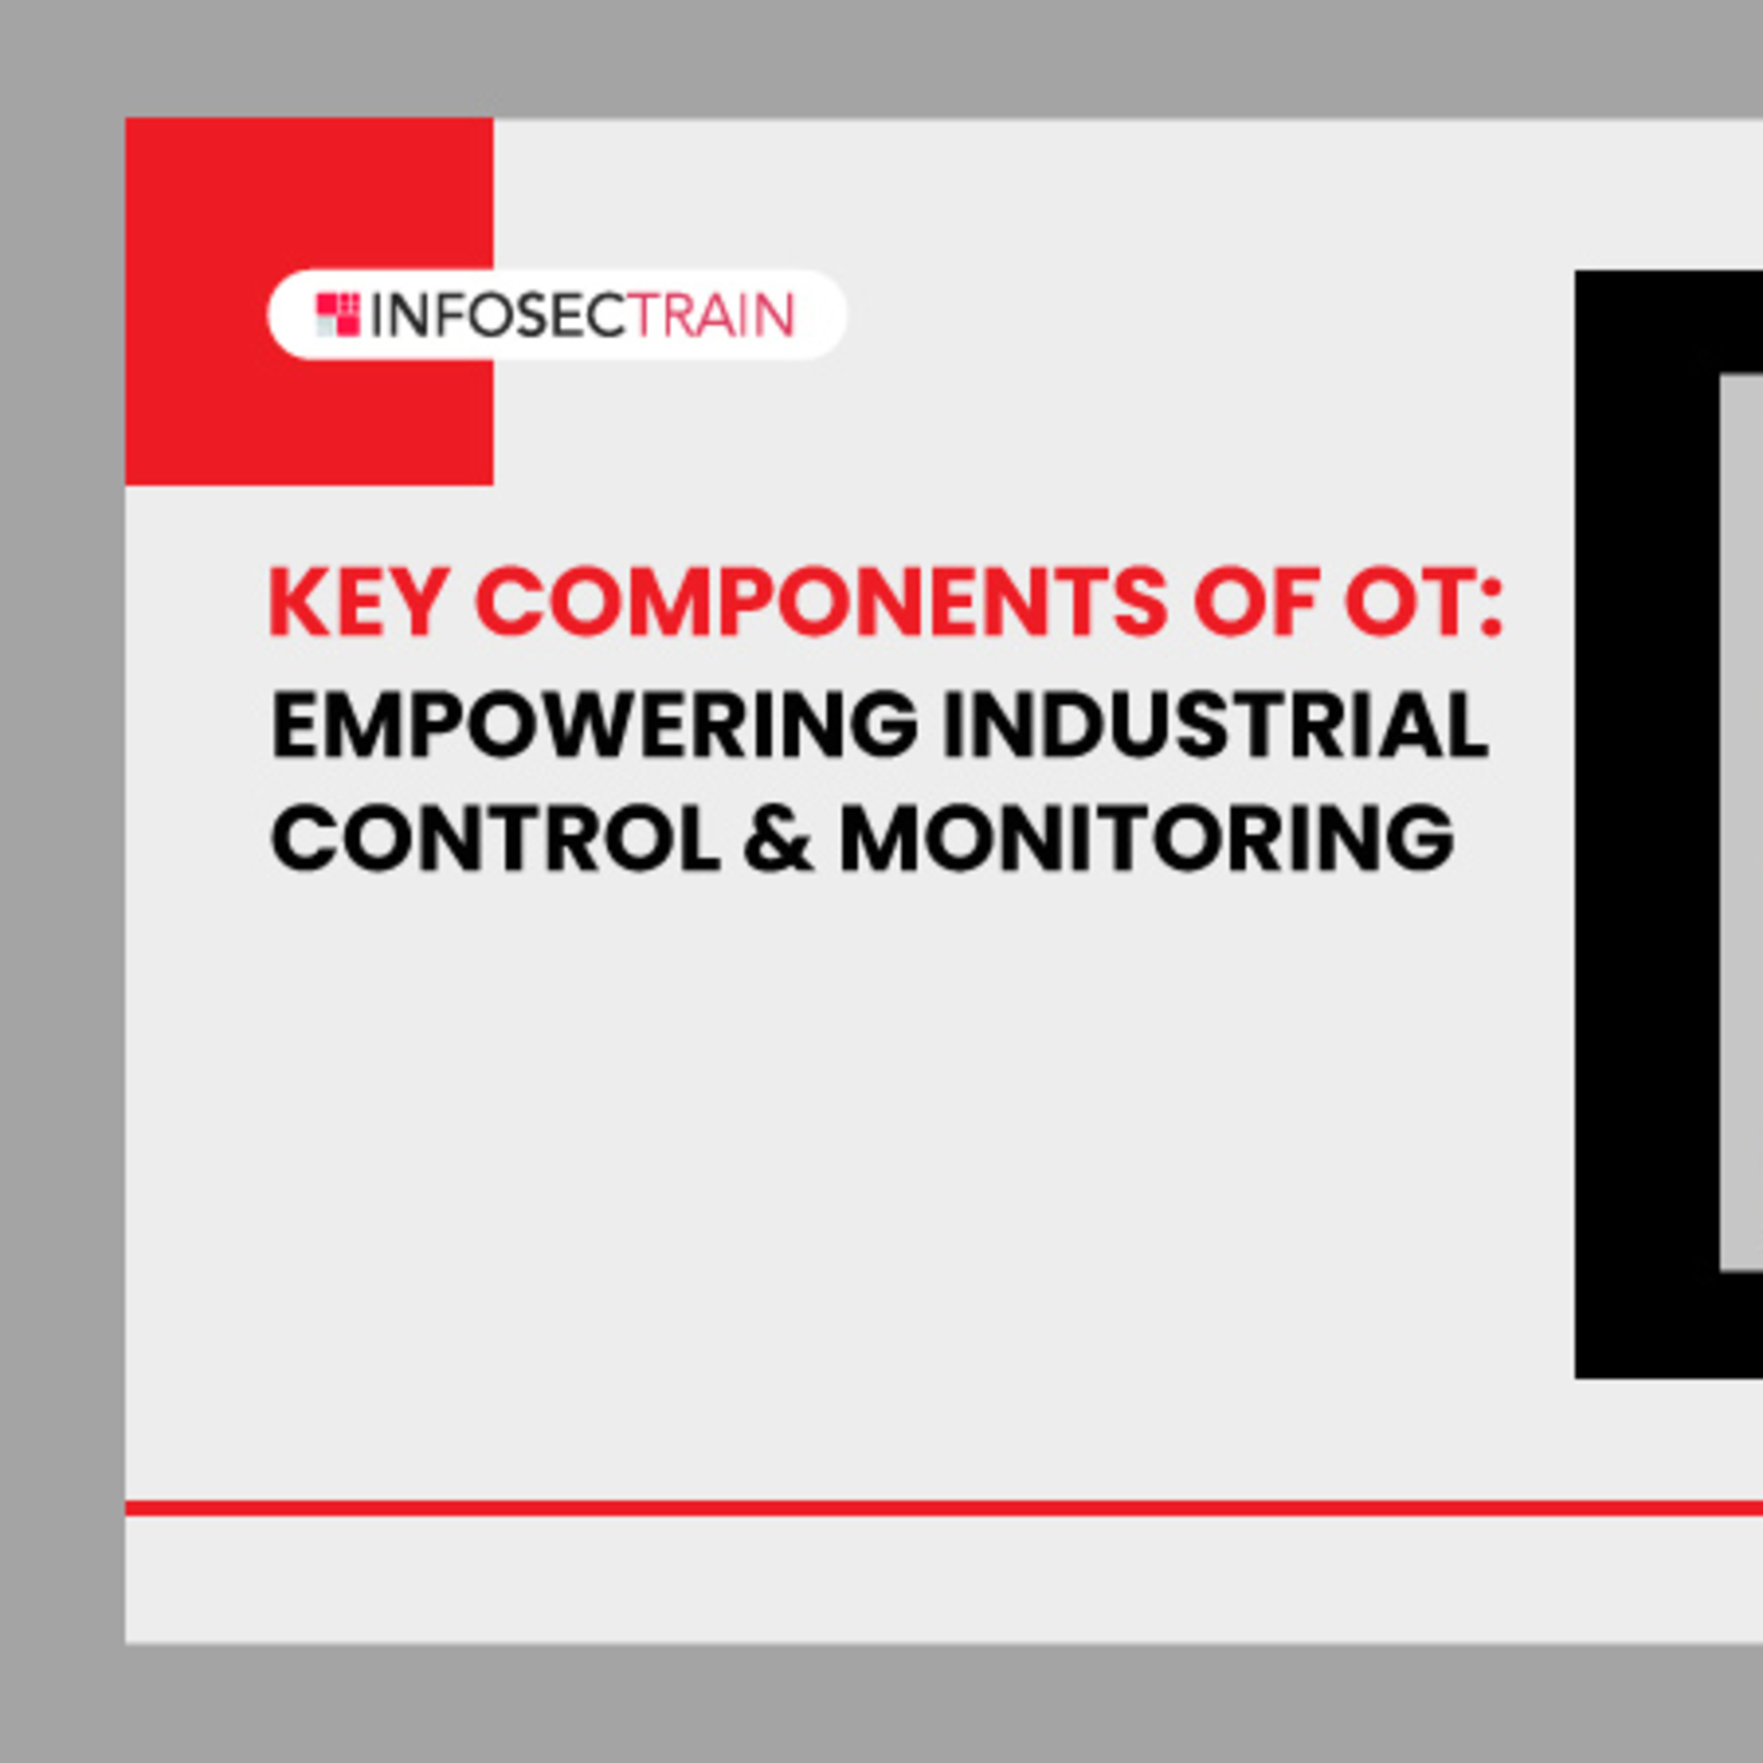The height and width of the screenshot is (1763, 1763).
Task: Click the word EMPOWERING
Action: click(x=594, y=725)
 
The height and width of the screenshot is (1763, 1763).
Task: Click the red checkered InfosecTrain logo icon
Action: click(x=338, y=315)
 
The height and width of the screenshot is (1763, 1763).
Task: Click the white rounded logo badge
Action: click(x=557, y=315)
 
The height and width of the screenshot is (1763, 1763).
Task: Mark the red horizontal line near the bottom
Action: click(x=944, y=1507)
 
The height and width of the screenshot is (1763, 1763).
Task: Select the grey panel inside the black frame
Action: click(x=1741, y=822)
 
